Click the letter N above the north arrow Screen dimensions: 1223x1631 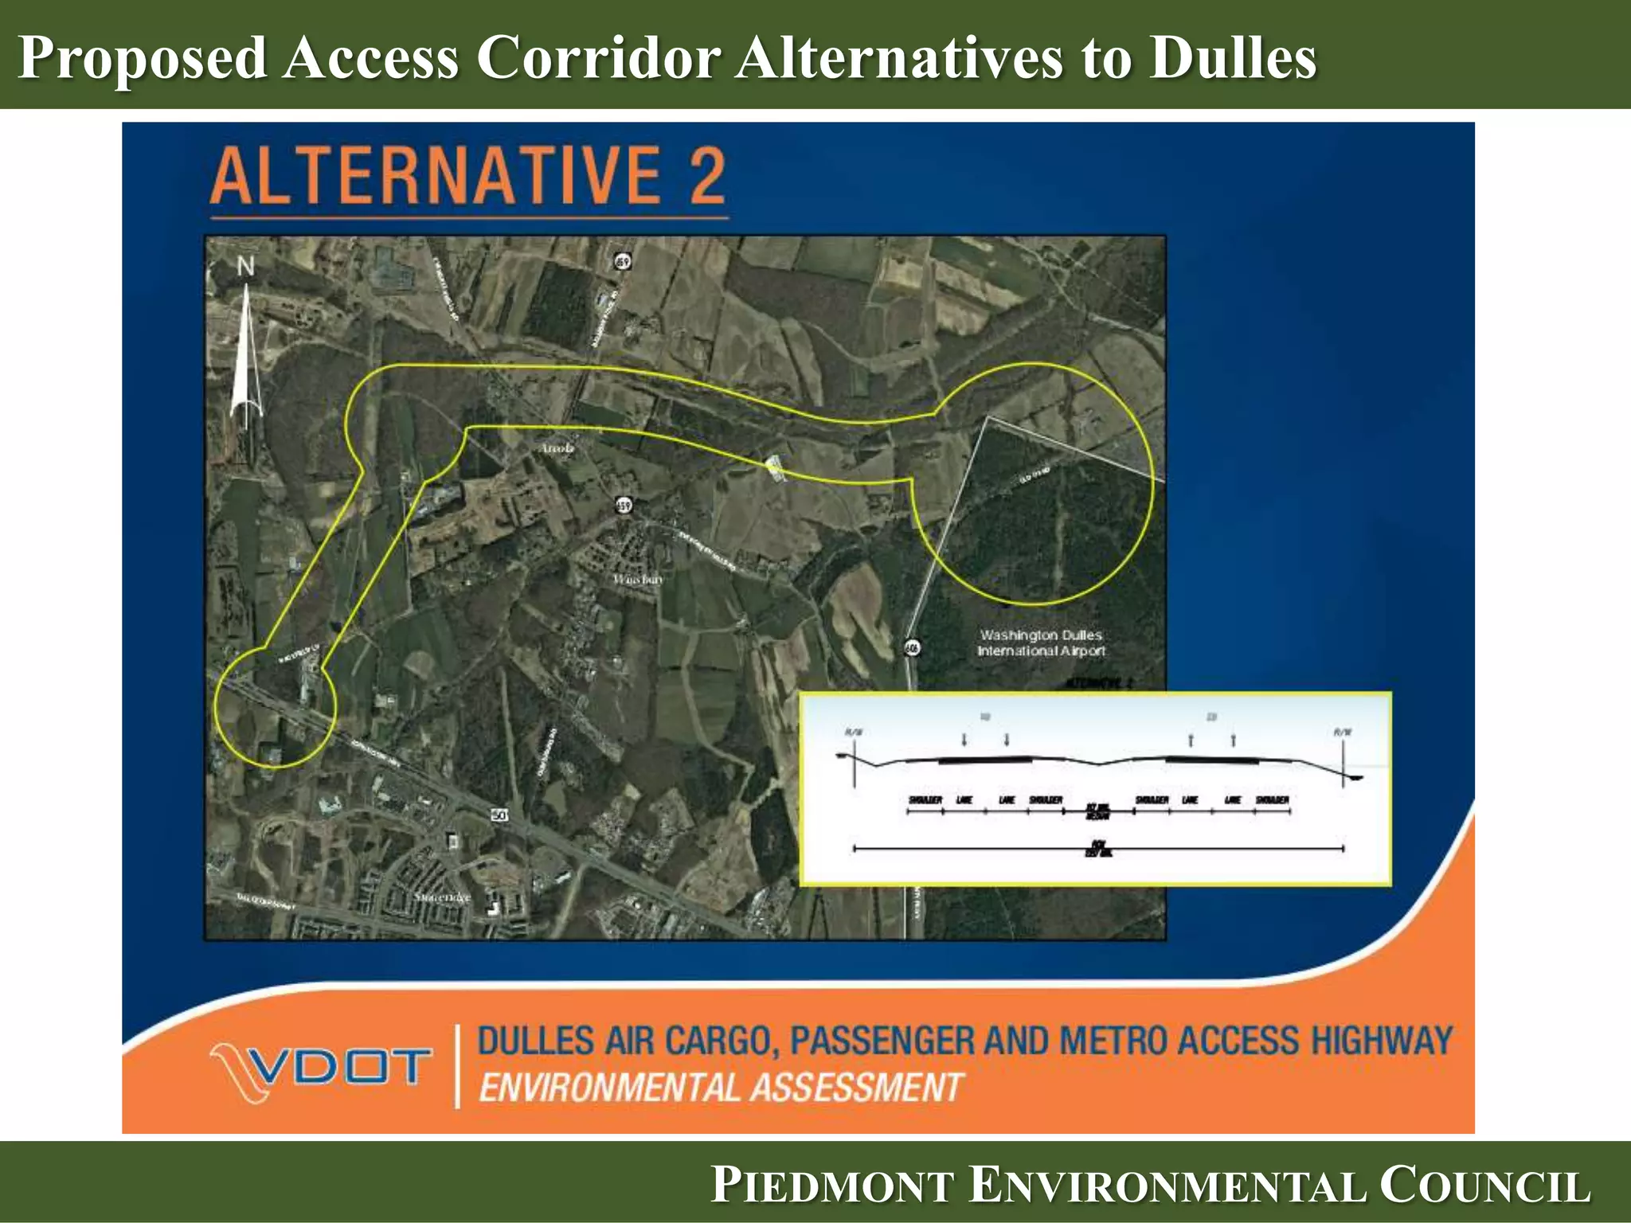point(245,267)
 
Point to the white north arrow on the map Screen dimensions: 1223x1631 point(246,358)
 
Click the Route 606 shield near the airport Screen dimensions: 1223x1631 point(913,648)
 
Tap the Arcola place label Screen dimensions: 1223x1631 point(557,448)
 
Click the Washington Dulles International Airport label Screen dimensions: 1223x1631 point(1041,643)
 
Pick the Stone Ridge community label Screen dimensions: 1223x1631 point(442,897)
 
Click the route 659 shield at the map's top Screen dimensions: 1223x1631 point(623,260)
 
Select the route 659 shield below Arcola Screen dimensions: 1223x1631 point(624,505)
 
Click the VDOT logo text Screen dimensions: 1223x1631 point(342,1067)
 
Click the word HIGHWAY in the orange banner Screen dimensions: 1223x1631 point(1382,1041)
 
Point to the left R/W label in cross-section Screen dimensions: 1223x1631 point(853,731)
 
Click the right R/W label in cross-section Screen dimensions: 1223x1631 point(1343,731)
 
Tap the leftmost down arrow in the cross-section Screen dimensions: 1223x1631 point(964,740)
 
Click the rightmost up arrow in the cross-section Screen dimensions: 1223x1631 point(1233,740)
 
